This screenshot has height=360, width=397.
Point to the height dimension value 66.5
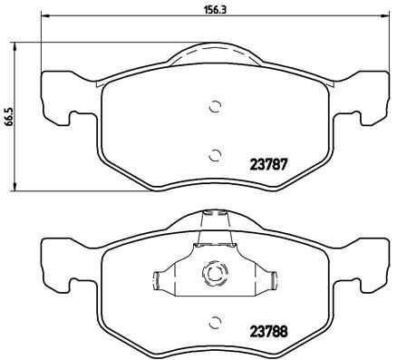[8, 118]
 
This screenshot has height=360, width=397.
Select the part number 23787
[267, 166]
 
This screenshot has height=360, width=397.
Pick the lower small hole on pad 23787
[215, 154]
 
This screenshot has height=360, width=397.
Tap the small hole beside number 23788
[215, 322]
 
